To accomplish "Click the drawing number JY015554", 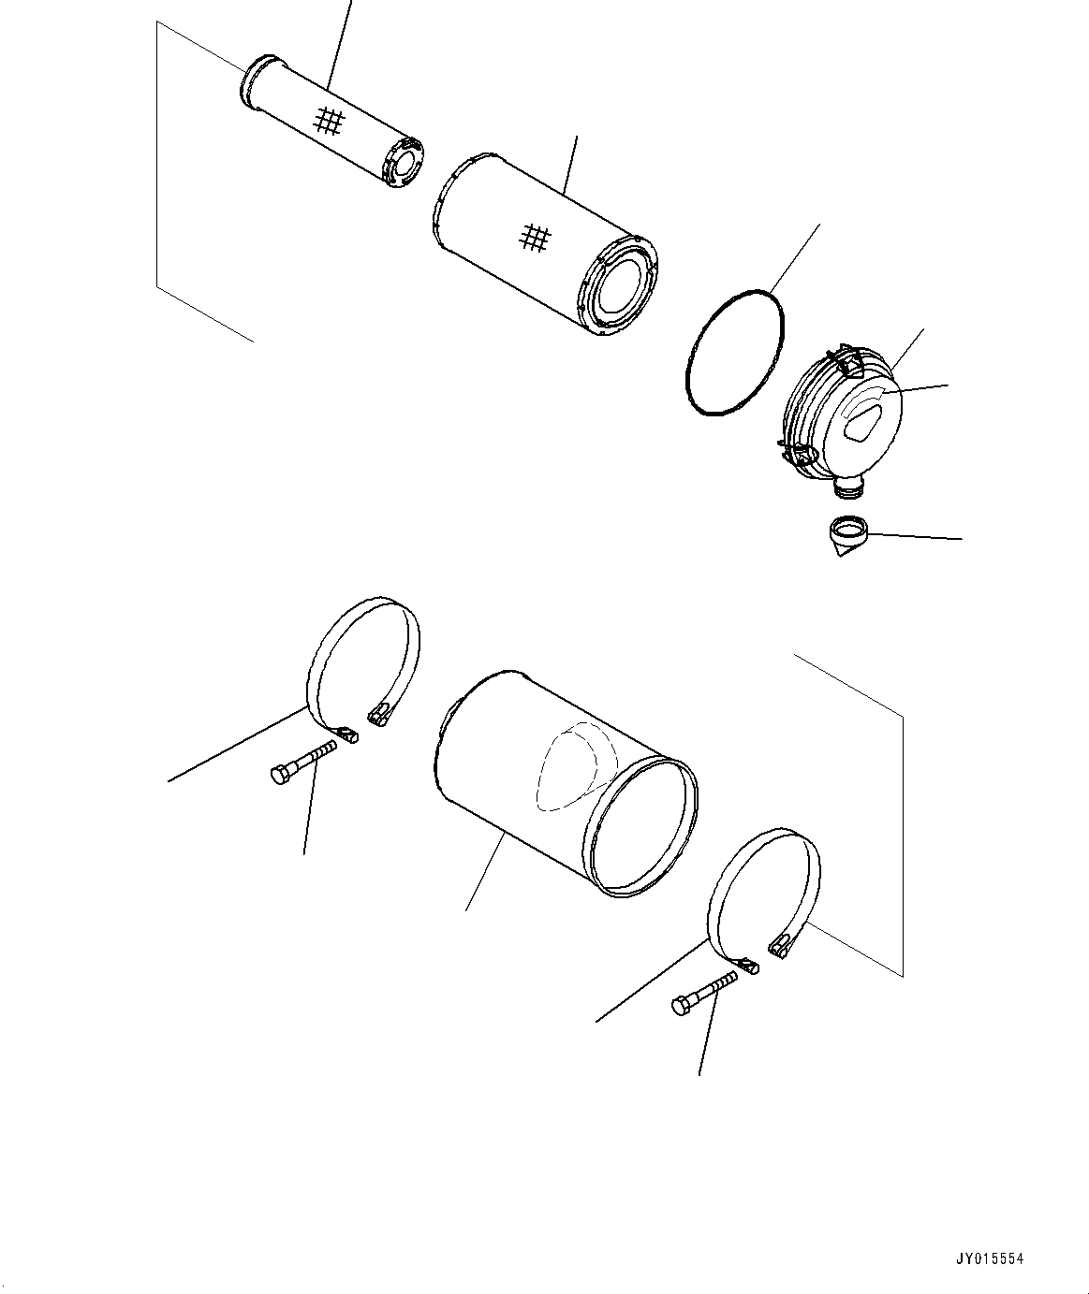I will (x=991, y=1258).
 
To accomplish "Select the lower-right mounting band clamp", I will (x=765, y=894).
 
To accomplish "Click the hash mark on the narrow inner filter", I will (x=330, y=120).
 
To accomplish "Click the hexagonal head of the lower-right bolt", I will (x=682, y=1006).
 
